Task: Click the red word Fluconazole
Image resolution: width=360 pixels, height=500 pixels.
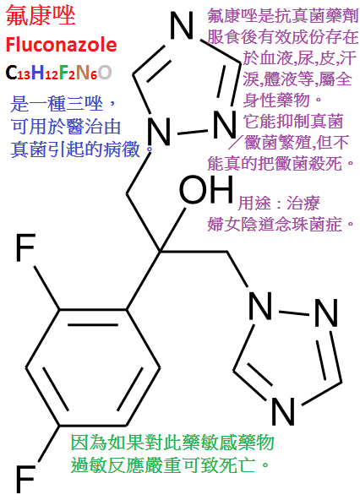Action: pyautogui.click(x=61, y=44)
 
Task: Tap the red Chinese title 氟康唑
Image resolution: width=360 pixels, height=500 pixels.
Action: pyautogui.click(x=41, y=15)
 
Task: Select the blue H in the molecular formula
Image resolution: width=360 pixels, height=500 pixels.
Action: pyautogui.click(x=38, y=73)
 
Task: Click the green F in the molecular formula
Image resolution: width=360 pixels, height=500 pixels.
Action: pyautogui.click(x=64, y=73)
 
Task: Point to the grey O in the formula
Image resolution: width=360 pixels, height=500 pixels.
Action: pyautogui.click(x=105, y=73)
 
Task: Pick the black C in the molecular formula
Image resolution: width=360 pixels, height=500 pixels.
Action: pyautogui.click(x=11, y=73)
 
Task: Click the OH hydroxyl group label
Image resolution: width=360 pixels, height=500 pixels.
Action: pyautogui.click(x=206, y=189)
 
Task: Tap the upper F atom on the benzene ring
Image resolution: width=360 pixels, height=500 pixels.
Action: pyautogui.click(x=25, y=247)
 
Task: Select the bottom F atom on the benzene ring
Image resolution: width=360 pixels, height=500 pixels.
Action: pyautogui.click(x=25, y=479)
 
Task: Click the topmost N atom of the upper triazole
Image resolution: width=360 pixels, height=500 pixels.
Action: pyautogui.click(x=182, y=25)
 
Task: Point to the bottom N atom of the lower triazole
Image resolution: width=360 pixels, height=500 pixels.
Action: pyautogui.click(x=282, y=411)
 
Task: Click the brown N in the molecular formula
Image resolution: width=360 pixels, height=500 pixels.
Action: pyautogui.click(x=84, y=73)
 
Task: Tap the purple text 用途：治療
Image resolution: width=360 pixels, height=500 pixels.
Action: pyautogui.click(x=279, y=203)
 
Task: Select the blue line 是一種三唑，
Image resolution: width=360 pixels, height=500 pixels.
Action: pyautogui.click(x=63, y=104)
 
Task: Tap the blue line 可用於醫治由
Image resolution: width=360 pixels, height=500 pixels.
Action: pyautogui.click(x=66, y=127)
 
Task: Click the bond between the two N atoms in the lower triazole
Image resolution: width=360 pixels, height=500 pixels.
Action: pyautogui.click(x=293, y=312)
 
